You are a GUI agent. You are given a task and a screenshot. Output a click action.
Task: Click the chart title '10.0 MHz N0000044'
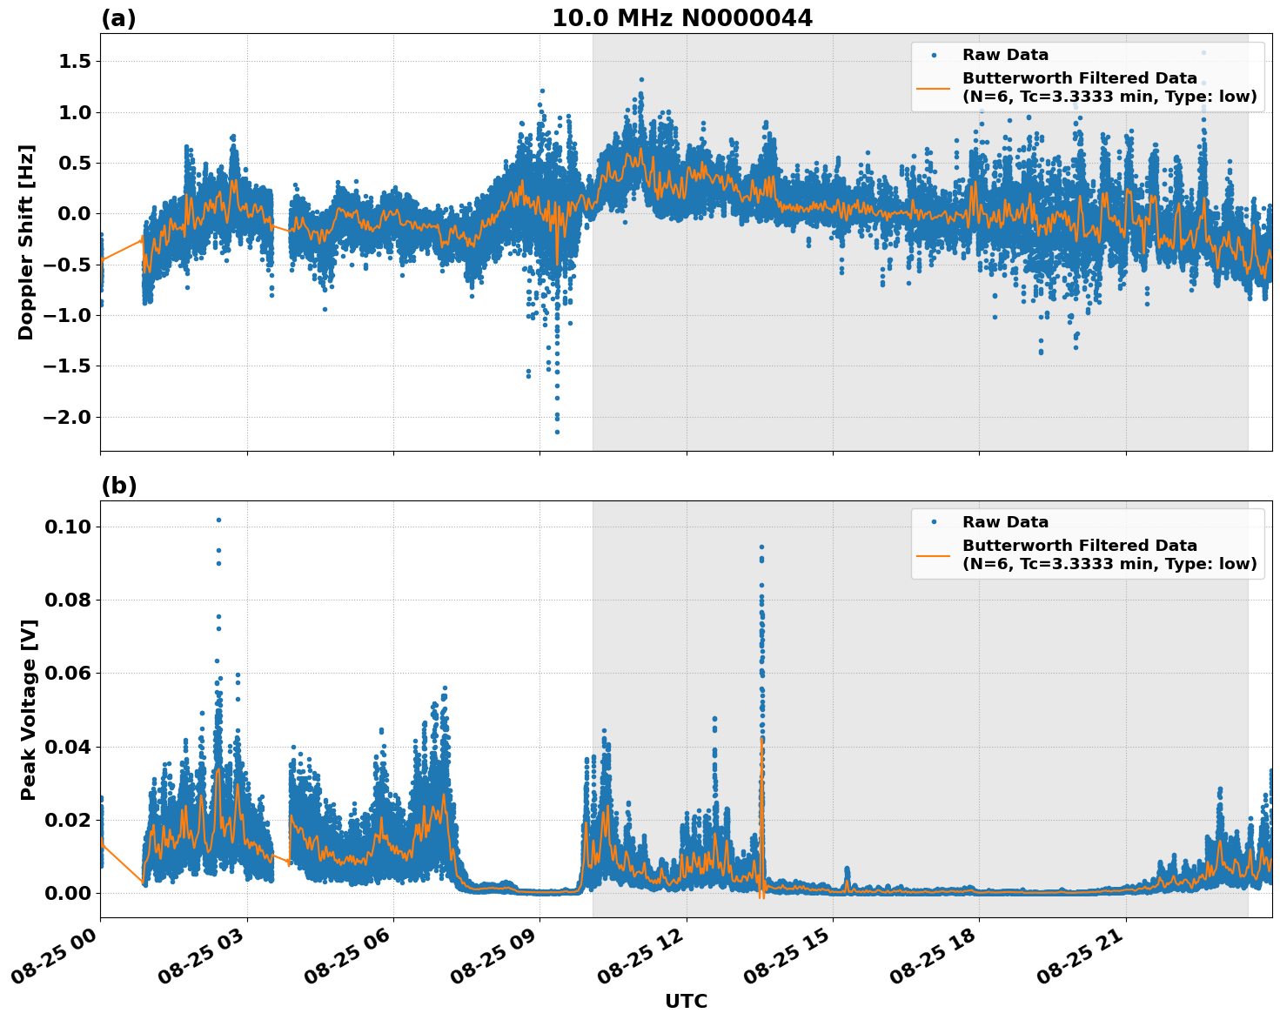tap(681, 18)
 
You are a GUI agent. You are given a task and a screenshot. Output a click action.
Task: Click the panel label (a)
tap(118, 18)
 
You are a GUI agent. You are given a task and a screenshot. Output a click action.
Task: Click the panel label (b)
tap(118, 486)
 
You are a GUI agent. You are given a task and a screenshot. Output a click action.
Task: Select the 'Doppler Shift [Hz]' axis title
tap(26, 242)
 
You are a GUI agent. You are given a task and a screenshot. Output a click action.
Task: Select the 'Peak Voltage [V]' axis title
tap(29, 709)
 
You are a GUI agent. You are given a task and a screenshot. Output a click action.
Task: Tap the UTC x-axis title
tap(686, 1001)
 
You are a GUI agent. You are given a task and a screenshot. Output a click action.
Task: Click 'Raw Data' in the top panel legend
tap(1005, 55)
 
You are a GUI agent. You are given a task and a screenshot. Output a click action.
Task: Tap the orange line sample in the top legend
tap(933, 88)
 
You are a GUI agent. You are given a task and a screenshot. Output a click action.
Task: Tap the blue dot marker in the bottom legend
tap(933, 522)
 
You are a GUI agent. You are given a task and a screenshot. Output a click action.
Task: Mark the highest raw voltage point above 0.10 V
tap(218, 520)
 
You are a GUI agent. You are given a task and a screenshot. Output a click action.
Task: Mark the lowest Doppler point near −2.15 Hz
tap(557, 432)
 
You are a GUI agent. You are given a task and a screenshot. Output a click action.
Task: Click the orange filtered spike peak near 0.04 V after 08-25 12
tap(761, 740)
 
